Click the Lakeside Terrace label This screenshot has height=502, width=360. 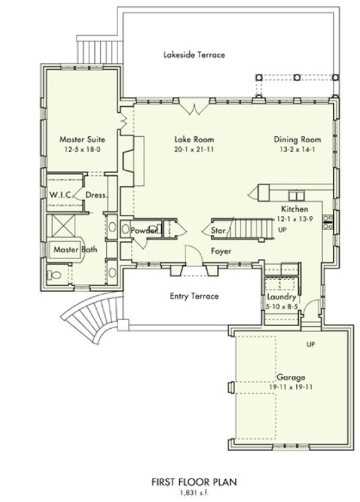[194, 55]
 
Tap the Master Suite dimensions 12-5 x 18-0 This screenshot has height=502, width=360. [83, 149]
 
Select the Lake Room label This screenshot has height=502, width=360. [194, 140]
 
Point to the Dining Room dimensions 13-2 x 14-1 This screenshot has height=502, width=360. [298, 149]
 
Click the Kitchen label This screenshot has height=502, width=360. [295, 209]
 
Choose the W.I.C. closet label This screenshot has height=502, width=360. [60, 195]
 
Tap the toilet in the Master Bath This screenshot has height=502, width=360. [54, 274]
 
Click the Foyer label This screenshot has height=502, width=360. [221, 251]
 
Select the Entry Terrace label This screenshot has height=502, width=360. [194, 296]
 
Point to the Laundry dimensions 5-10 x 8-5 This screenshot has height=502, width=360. [282, 307]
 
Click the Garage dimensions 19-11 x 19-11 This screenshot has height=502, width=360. [291, 387]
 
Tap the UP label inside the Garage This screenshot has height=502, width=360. [311, 344]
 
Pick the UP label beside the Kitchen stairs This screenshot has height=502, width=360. [283, 230]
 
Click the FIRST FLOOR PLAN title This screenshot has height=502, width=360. [194, 482]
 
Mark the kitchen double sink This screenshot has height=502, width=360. [297, 195]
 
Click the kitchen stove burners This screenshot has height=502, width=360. [328, 222]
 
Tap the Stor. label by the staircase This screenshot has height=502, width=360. [218, 230]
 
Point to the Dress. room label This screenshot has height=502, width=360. [96, 195]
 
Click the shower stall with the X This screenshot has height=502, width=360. [63, 225]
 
